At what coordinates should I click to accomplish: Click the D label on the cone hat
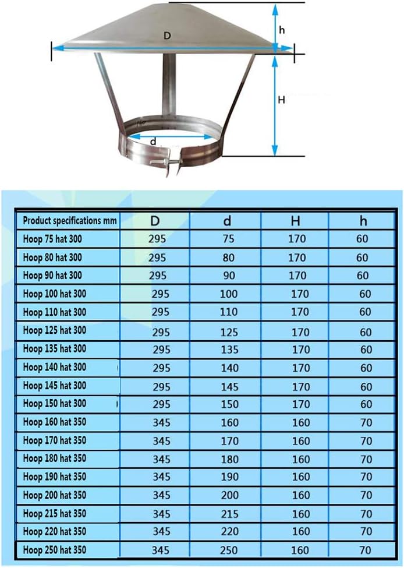[167, 36]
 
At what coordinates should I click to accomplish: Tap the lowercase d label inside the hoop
[153, 141]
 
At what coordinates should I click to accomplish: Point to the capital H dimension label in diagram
[281, 100]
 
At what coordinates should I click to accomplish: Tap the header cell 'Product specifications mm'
[70, 221]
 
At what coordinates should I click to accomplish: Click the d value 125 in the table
[229, 333]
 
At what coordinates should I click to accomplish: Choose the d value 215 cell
[229, 514]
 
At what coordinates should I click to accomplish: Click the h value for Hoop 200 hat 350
[364, 495]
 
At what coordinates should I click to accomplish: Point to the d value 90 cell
[229, 276]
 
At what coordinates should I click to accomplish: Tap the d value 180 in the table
[229, 459]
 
